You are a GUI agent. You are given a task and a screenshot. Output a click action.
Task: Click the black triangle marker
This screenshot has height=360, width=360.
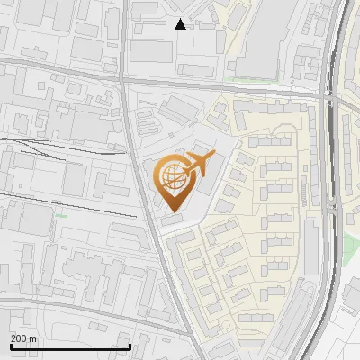pos(181,23)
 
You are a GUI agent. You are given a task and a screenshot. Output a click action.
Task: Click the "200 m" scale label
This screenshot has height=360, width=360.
pos(23,337)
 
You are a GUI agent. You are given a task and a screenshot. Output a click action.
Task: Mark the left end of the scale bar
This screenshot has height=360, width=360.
pos(10,346)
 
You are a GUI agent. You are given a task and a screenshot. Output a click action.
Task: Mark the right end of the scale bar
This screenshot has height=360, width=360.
pos(130,346)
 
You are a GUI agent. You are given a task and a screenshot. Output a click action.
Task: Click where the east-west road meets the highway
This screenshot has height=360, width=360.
pos(326,94)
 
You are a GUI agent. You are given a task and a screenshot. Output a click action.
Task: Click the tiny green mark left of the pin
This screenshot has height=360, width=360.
pos(60,216)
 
